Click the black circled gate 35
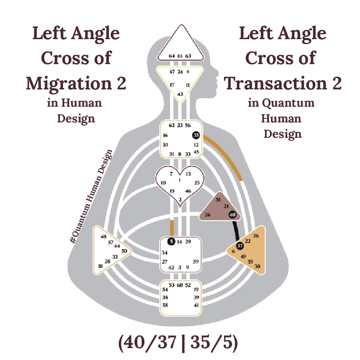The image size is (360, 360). pyautogui.click(x=196, y=135)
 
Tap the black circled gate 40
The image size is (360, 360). pyautogui.click(x=232, y=215)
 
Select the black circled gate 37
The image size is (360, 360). pyautogui.click(x=240, y=246)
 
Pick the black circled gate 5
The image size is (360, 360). pyautogui.click(x=171, y=241)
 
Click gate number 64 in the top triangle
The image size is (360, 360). pyautogui.click(x=172, y=56)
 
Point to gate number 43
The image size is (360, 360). pyautogui.click(x=180, y=94)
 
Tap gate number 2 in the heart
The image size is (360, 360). pyautogui.click(x=180, y=199)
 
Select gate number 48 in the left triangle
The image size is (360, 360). pyautogui.click(x=103, y=236)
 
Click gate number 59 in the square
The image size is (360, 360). pyautogui.click(x=196, y=262)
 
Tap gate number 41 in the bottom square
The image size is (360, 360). pyautogui.click(x=196, y=305)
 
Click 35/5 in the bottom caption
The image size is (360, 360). pyautogui.click(x=213, y=342)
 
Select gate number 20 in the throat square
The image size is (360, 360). pyautogui.click(x=165, y=145)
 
